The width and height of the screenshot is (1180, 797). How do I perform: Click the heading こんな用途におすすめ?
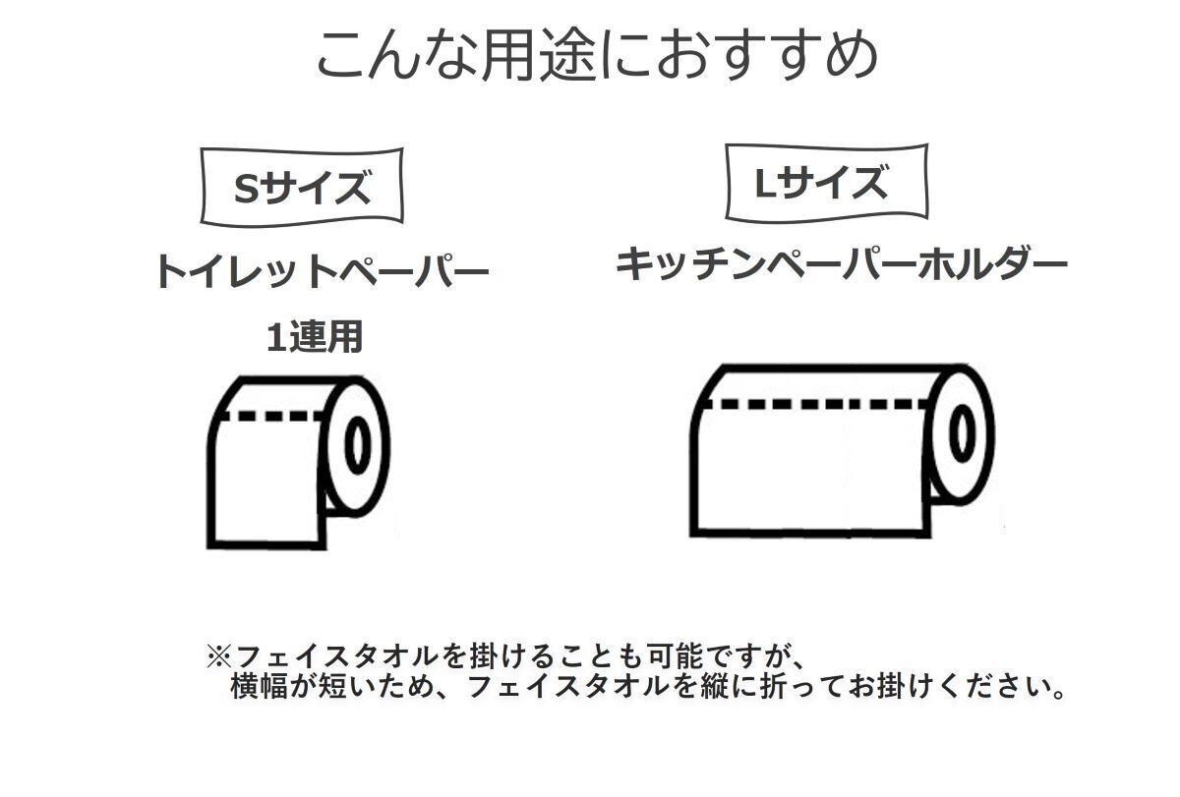(x=596, y=55)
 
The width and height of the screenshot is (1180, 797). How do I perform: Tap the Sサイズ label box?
(x=302, y=187)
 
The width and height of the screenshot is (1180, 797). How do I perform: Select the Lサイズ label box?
(x=826, y=183)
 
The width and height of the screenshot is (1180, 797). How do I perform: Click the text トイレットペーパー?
(x=322, y=271)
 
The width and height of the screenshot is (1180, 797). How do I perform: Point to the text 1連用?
(x=315, y=337)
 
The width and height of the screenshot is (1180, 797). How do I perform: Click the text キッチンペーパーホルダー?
(x=842, y=264)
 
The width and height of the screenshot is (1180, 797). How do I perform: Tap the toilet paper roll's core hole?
(x=357, y=445)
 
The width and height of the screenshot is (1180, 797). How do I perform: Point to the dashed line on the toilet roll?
(x=270, y=416)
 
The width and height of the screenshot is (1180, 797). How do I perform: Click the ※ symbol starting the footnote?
(x=216, y=655)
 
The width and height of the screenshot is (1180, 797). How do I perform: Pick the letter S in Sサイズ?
(x=245, y=188)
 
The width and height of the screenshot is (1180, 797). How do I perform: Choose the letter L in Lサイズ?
(x=765, y=183)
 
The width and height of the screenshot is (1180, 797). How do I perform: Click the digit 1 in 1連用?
(x=275, y=338)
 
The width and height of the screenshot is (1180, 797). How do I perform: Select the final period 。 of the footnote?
(x=1058, y=690)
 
